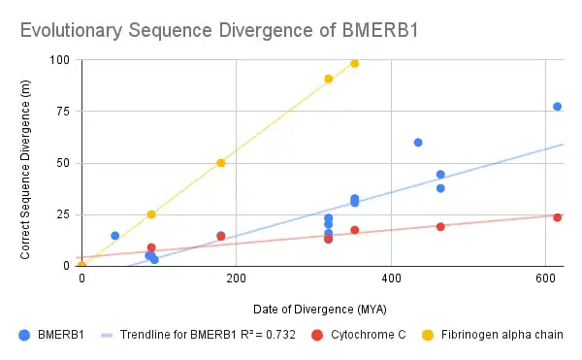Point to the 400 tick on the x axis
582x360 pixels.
tap(391, 278)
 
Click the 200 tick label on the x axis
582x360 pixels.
tap(236, 278)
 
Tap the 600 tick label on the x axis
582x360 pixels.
tap(545, 278)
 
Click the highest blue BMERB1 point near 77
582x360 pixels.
tap(558, 107)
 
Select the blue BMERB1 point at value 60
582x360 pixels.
tap(418, 143)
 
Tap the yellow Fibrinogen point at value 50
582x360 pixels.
tap(221, 163)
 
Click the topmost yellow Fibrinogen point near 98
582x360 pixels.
tap(355, 64)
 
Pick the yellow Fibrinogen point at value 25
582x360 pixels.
tap(151, 214)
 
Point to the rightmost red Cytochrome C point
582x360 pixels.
tap(558, 217)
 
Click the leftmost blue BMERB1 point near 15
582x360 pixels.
tap(115, 236)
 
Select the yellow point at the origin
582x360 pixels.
tap(81, 265)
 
